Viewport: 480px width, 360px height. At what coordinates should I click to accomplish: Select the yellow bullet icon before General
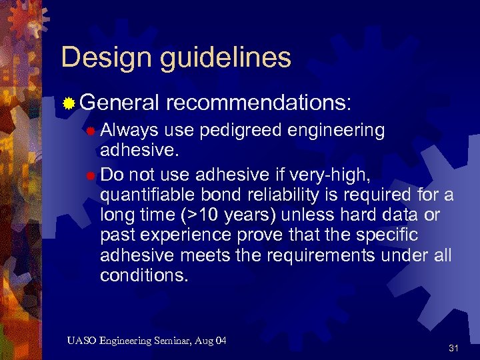[68, 103]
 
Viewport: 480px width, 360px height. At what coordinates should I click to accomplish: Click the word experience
[196, 236]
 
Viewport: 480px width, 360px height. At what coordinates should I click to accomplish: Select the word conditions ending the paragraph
[144, 275]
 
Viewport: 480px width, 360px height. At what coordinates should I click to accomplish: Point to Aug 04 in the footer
[213, 341]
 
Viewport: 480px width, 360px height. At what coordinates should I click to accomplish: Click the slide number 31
[454, 348]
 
